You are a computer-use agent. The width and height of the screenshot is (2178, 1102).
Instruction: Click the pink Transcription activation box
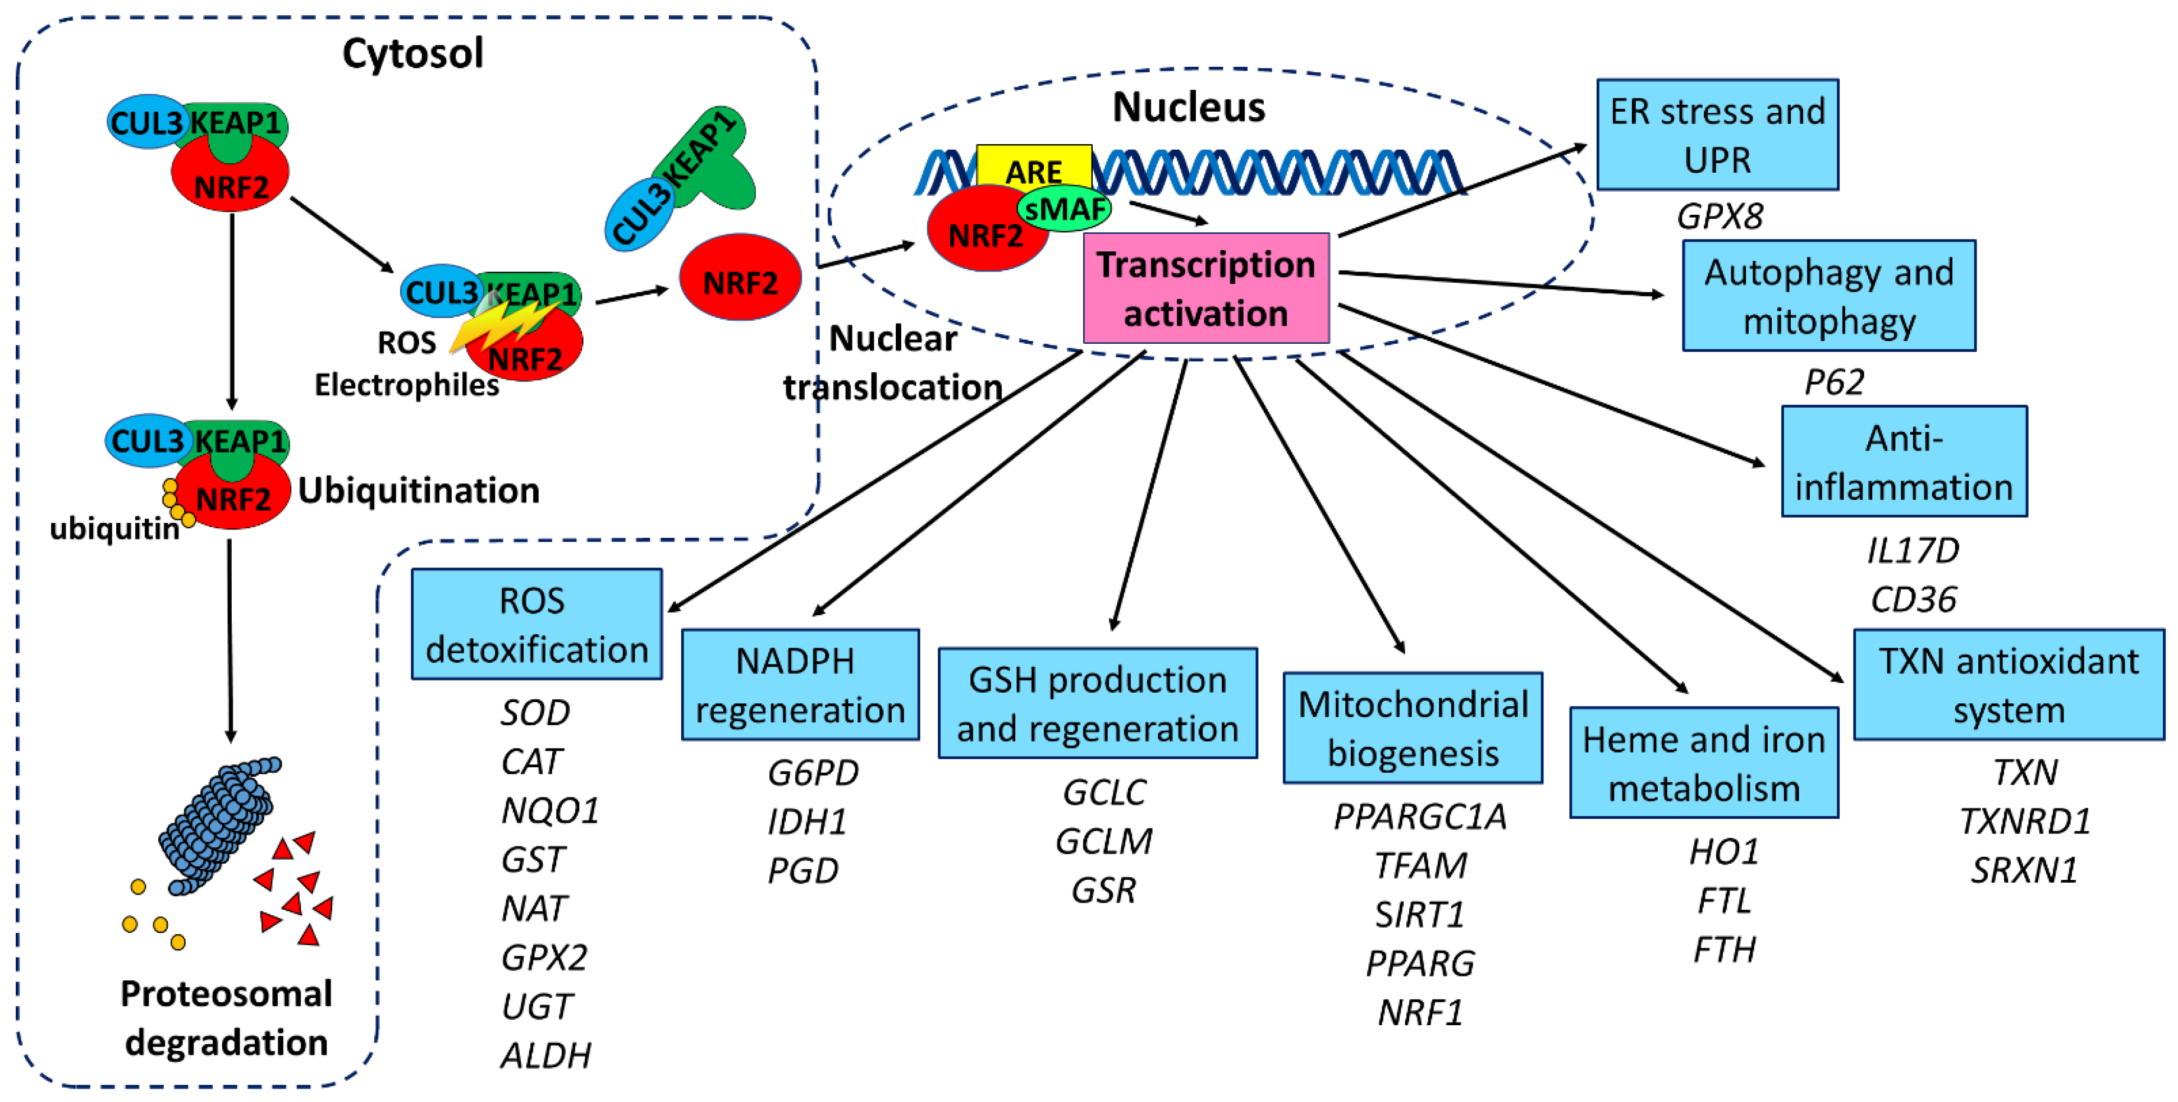coord(1205,288)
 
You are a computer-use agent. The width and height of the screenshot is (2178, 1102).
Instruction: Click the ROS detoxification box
coord(536,625)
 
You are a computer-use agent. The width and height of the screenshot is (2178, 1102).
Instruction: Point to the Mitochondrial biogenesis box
coord(1412,727)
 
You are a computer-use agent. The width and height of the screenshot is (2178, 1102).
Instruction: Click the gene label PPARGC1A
coord(1420,817)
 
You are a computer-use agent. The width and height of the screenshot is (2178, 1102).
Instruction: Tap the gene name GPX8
coord(1720,217)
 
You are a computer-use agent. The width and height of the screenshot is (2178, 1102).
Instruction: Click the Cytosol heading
coord(412,53)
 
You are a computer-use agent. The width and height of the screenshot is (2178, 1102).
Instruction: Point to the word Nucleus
coord(1188,107)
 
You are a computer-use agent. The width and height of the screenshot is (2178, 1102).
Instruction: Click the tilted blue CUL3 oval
coord(640,215)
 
